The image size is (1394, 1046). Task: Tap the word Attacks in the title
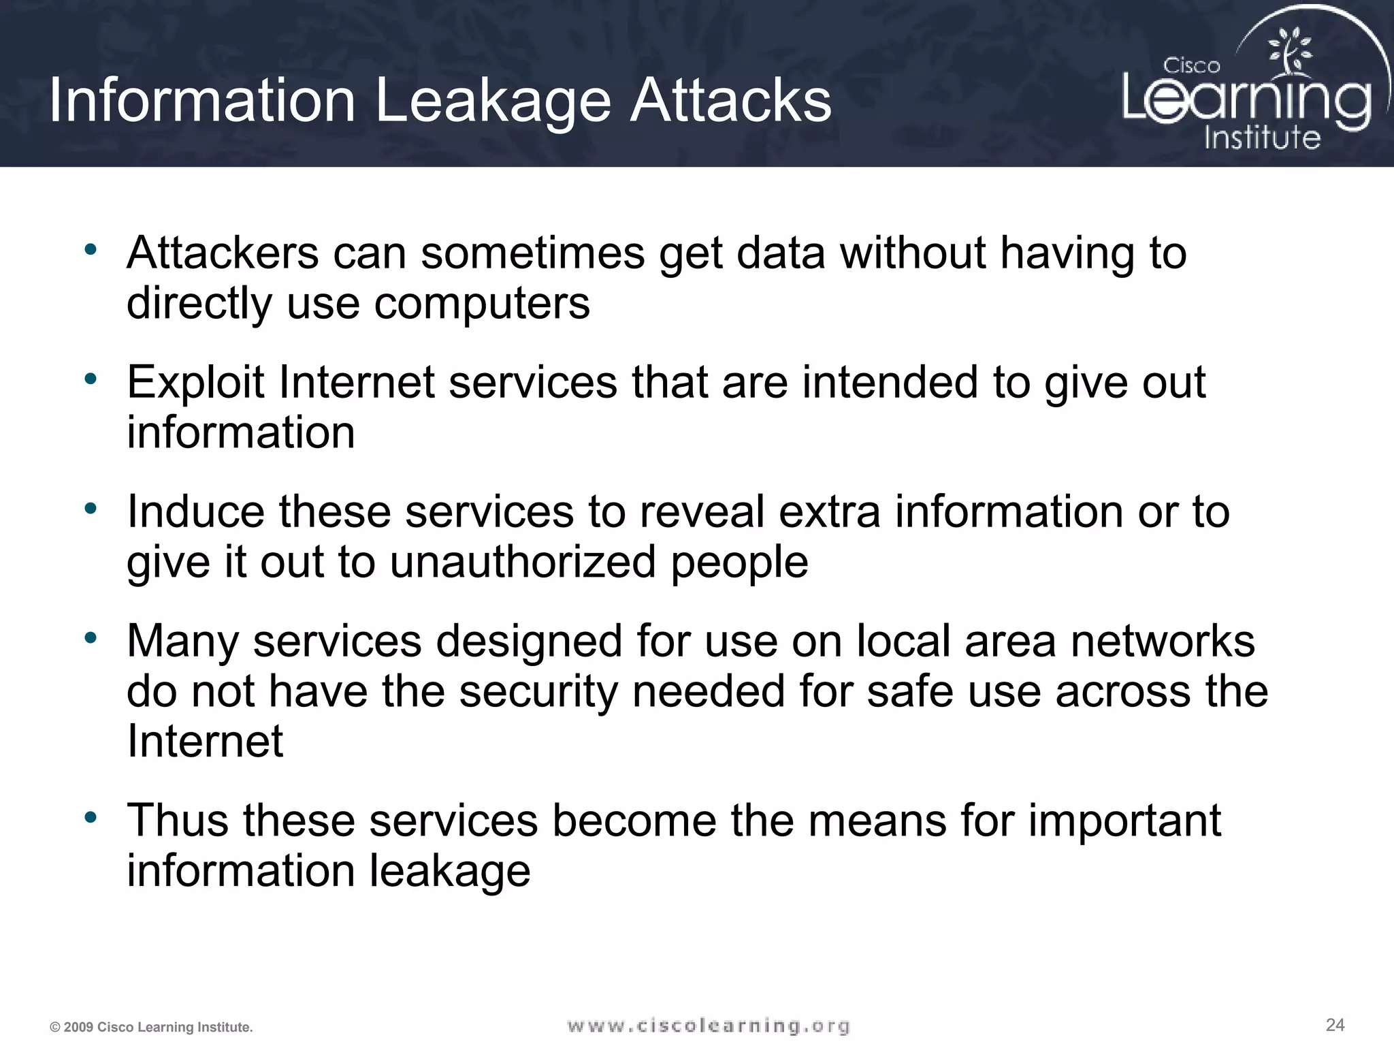coord(730,101)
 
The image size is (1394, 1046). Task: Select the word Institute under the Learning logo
coord(1262,138)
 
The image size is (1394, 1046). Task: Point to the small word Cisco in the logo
coord(1191,66)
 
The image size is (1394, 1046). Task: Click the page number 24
coord(1335,1024)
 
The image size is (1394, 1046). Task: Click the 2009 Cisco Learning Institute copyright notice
coord(151,1027)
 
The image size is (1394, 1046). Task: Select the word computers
coord(482,303)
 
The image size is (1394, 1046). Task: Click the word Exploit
coord(195,383)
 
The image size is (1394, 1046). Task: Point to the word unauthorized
coord(523,562)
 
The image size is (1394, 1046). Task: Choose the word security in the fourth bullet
coord(537,692)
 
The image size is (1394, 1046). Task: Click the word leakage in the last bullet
coord(450,871)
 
